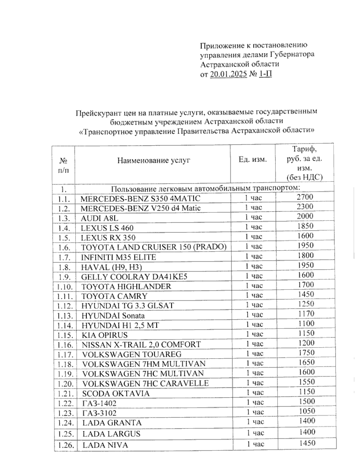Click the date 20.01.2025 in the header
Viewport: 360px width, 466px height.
(x=229, y=74)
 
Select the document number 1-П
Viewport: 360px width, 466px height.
(x=265, y=74)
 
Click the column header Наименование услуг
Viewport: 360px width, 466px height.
(x=154, y=160)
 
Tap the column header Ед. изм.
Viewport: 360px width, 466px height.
(x=253, y=159)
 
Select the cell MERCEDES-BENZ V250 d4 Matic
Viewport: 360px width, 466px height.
(x=141, y=208)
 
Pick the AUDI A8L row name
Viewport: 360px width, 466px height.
(x=100, y=218)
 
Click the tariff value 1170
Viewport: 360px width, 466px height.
(x=306, y=314)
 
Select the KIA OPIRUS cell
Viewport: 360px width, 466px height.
(x=105, y=335)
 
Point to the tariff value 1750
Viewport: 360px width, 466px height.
(x=306, y=353)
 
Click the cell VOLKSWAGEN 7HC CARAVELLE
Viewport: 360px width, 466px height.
(x=145, y=383)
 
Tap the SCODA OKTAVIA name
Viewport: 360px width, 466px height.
(x=115, y=393)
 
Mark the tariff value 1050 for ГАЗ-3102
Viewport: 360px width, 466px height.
(x=307, y=411)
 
